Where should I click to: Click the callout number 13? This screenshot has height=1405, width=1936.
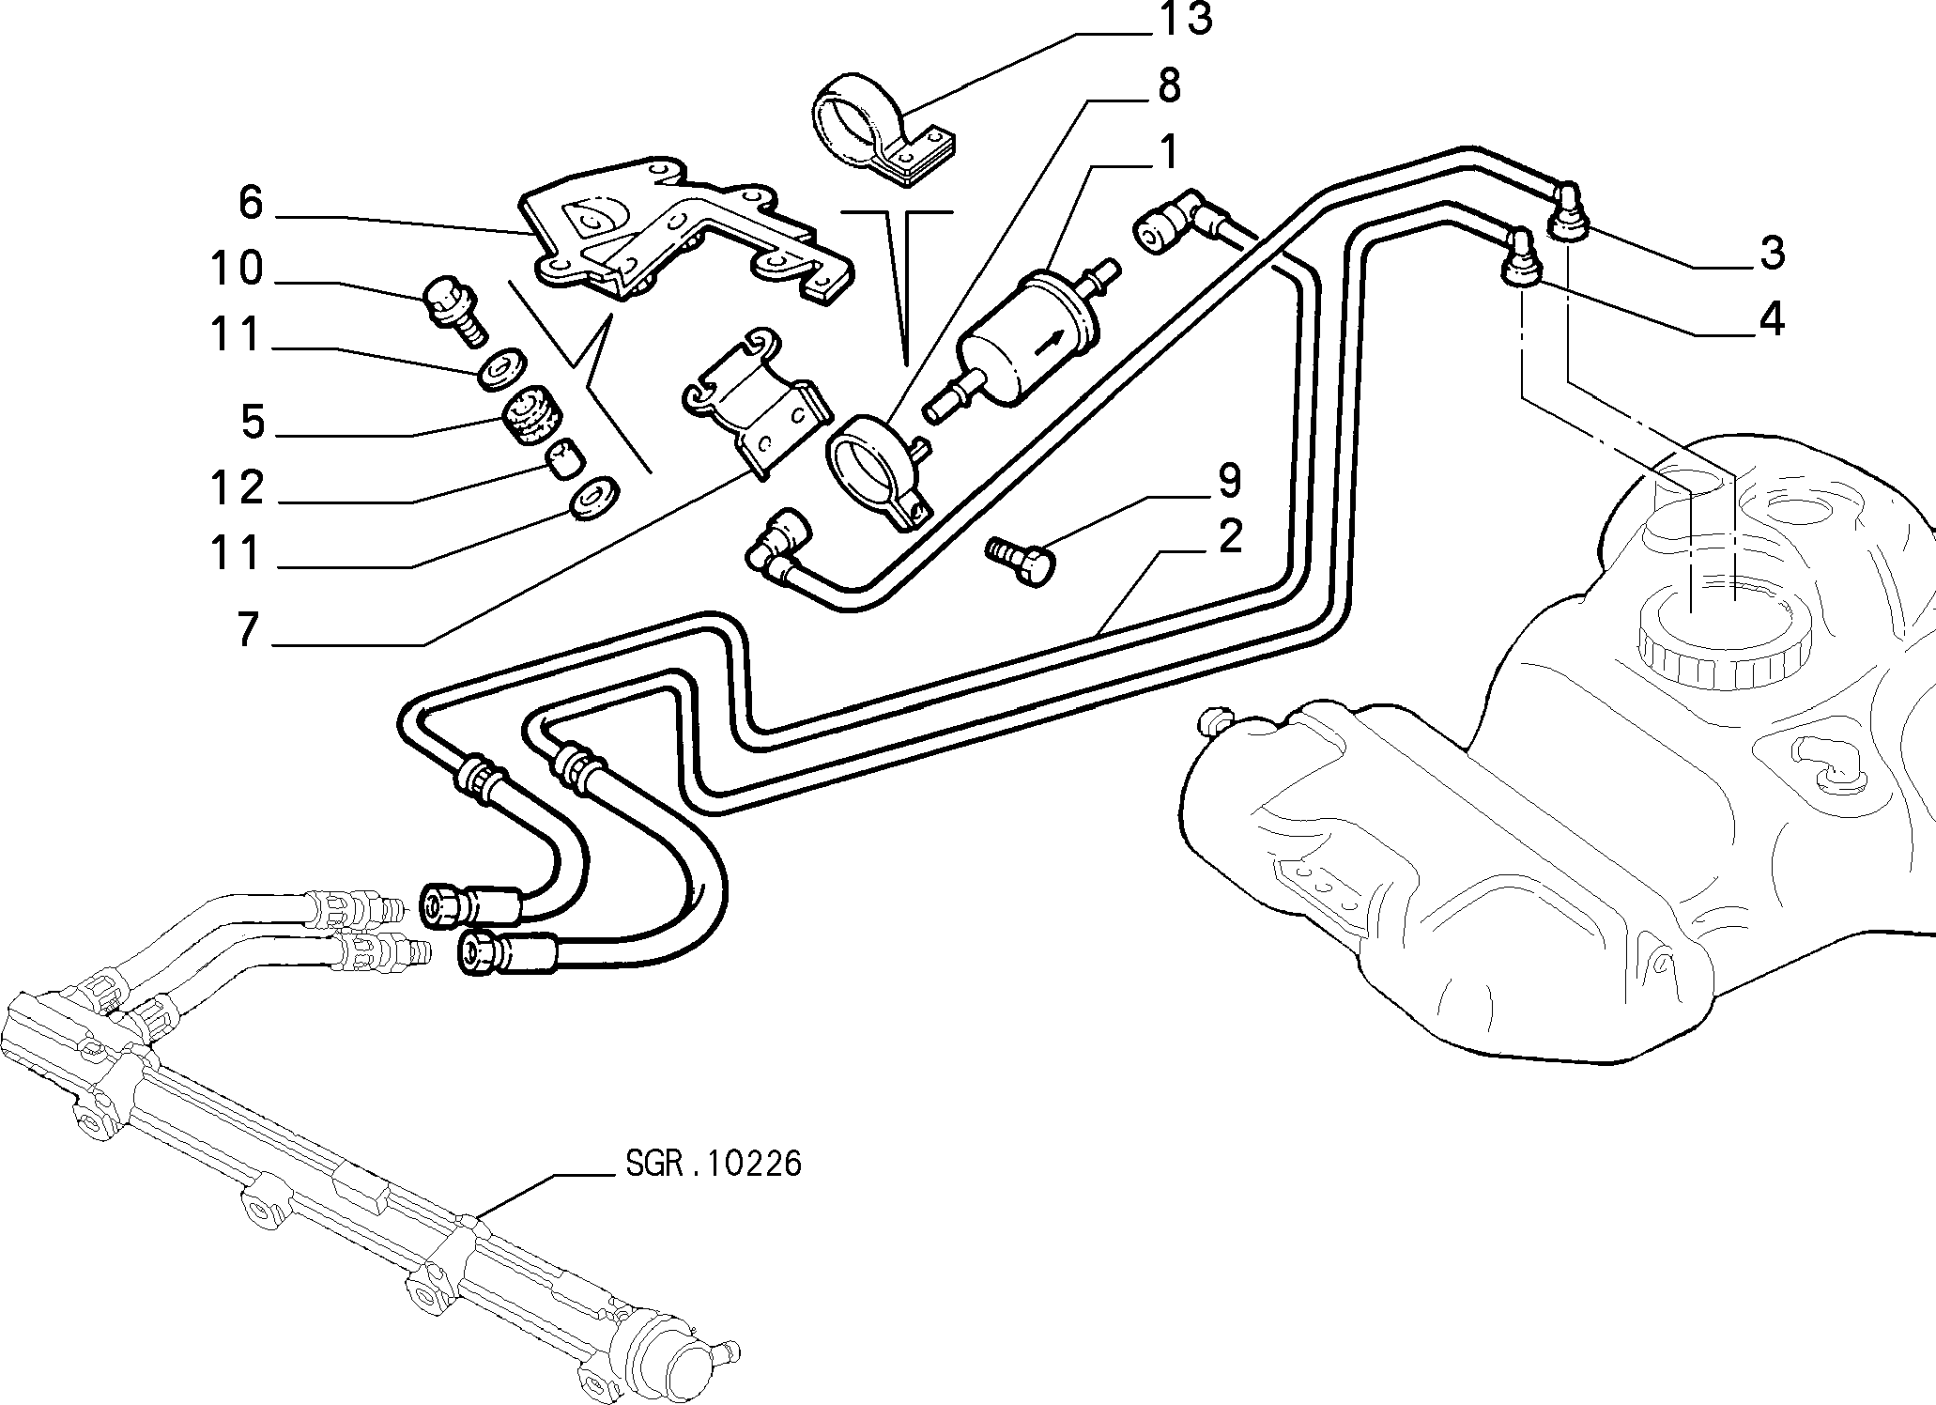coord(1184,20)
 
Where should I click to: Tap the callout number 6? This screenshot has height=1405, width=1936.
coord(251,202)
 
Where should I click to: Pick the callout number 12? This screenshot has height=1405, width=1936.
coord(237,488)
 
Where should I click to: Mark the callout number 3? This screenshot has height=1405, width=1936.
coord(1771,253)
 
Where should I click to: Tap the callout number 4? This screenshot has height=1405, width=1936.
coord(1771,319)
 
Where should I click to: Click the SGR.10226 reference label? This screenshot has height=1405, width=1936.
coord(713,1165)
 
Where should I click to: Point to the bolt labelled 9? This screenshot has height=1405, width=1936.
coord(1020,562)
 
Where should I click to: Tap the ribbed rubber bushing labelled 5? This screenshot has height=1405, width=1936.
coord(531,417)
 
